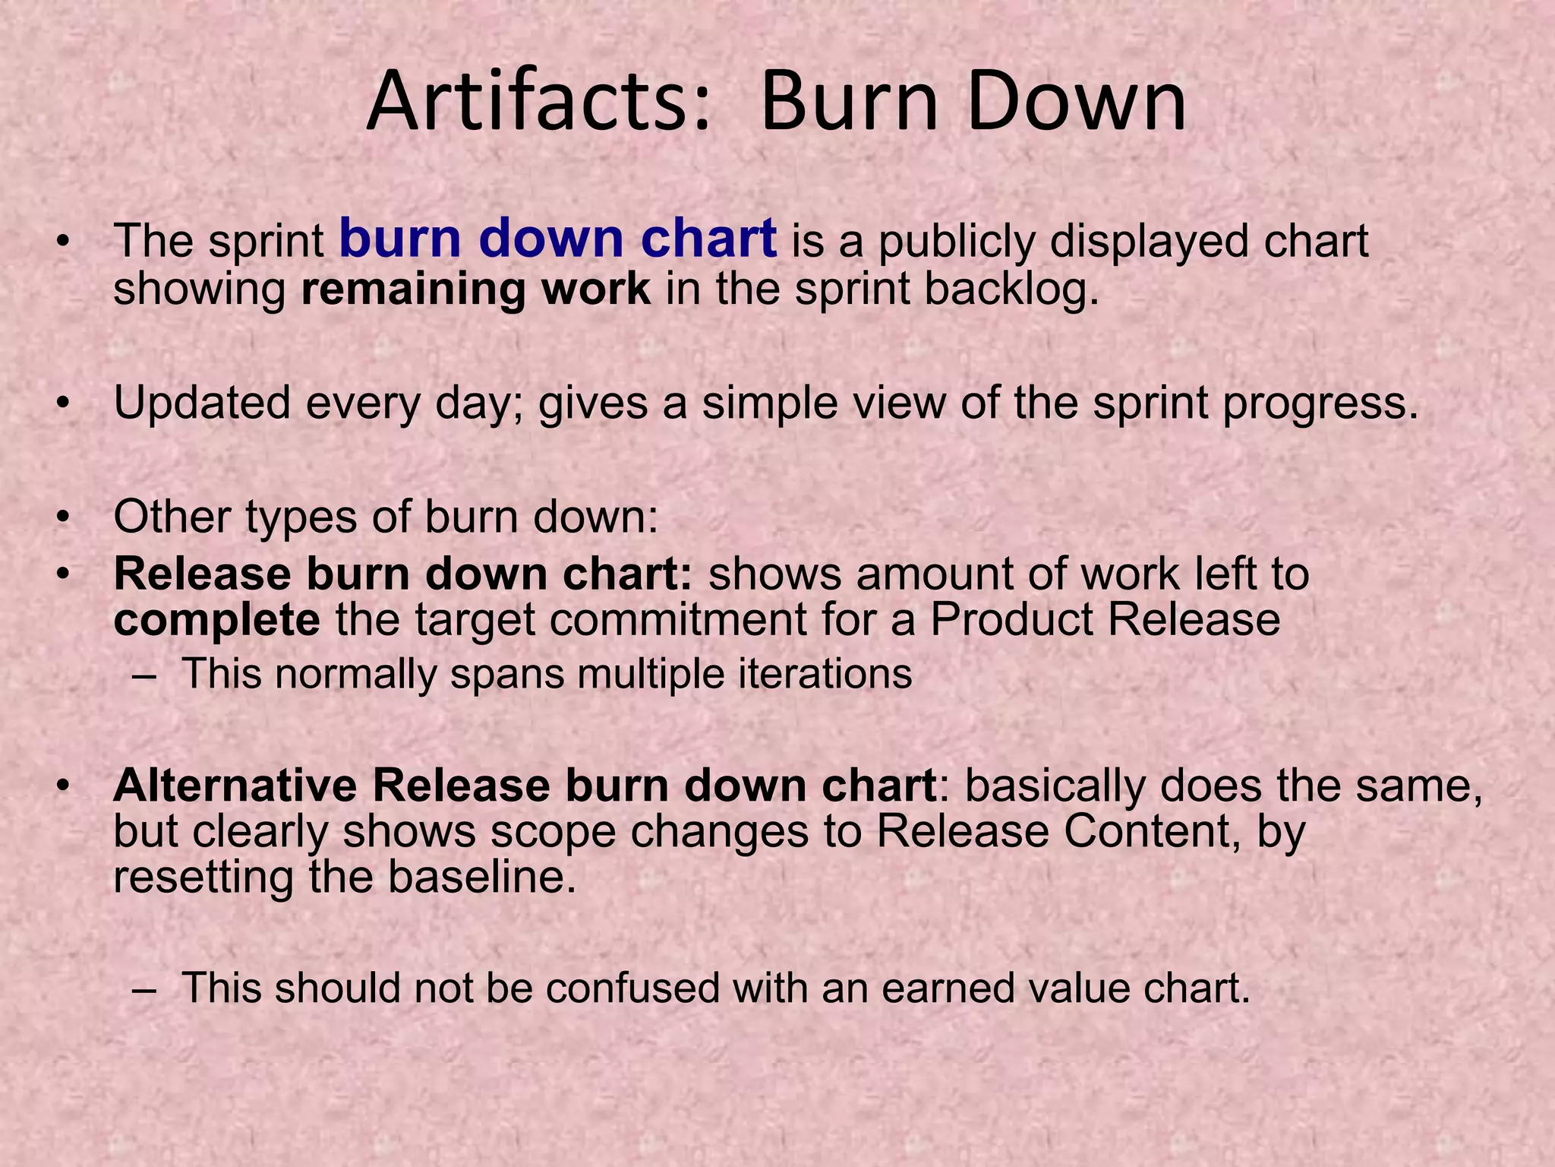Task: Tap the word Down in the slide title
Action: click(1076, 103)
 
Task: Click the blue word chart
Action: click(708, 239)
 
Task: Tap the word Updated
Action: click(202, 404)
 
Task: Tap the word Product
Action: click(1011, 620)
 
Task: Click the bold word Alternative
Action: click(235, 786)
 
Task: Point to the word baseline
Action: click(481, 878)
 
